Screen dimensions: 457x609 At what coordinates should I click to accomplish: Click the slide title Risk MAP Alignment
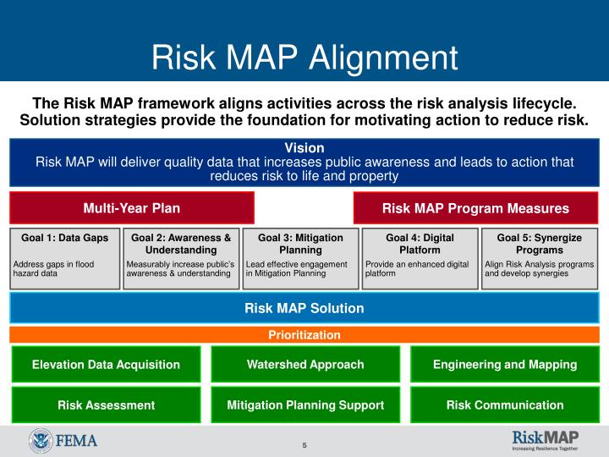(x=304, y=57)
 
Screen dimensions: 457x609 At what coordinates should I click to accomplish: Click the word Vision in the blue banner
(x=304, y=147)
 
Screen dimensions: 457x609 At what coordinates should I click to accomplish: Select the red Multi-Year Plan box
(x=131, y=208)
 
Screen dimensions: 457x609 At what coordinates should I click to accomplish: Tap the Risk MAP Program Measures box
(x=475, y=208)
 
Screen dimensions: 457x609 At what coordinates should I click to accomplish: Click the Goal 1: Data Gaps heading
(x=65, y=238)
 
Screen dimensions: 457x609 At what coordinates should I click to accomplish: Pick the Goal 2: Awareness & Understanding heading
(x=181, y=244)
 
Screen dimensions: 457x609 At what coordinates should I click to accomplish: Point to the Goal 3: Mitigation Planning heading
(x=300, y=244)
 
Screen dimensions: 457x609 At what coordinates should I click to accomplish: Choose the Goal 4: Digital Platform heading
(x=420, y=244)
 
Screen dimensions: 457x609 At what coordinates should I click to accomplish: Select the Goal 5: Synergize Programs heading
(x=539, y=244)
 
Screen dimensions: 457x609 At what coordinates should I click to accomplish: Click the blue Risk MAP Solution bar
(x=304, y=308)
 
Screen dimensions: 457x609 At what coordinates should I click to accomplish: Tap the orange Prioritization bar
(x=304, y=335)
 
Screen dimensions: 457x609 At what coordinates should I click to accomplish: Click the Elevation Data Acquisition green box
(x=106, y=365)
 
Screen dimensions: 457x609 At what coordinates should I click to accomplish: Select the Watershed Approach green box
(x=305, y=365)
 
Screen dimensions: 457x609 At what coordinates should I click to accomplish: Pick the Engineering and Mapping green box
(x=505, y=365)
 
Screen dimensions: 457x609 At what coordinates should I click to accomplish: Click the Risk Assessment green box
(x=106, y=405)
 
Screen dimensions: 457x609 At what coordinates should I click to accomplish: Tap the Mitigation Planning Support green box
(x=305, y=405)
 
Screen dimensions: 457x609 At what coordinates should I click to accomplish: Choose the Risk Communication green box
(x=505, y=405)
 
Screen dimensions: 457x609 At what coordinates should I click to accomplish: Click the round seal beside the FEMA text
(x=40, y=441)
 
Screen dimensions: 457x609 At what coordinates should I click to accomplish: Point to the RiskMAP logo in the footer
(x=545, y=440)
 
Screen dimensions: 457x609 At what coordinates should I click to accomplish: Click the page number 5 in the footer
(x=304, y=445)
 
